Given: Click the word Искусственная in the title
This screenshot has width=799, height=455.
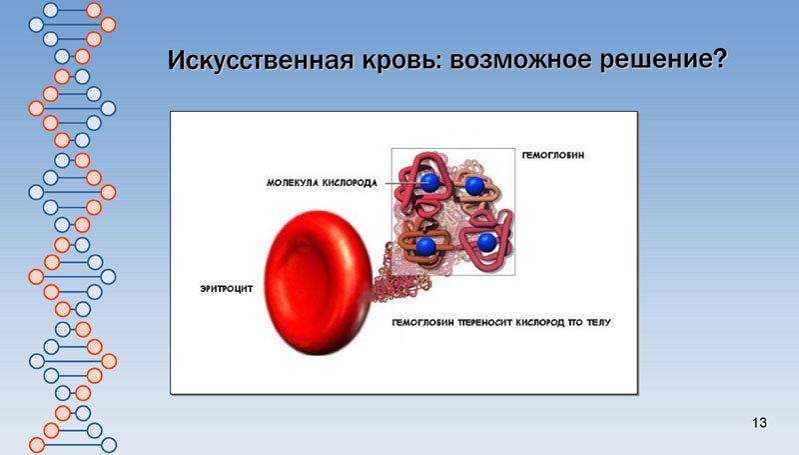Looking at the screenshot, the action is point(261,60).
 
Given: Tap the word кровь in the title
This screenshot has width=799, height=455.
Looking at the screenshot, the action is point(398,60).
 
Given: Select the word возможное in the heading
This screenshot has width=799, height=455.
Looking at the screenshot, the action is point(520,60).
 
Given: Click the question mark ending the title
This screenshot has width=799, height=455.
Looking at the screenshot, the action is point(719,59).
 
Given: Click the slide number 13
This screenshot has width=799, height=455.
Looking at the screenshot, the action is point(759,423).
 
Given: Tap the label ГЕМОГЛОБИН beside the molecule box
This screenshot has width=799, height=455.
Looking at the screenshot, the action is point(553,155).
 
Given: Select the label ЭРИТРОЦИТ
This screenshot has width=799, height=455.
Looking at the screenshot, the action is point(227,289).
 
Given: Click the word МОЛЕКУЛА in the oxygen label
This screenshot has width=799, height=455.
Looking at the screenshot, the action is point(292,183).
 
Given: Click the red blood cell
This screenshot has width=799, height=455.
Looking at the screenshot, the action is point(319,282).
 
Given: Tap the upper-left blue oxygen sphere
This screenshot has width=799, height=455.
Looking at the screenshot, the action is point(429,182).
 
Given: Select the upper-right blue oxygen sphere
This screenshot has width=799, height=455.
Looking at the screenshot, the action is point(475,186).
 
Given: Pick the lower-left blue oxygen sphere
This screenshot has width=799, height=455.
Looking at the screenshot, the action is point(426,246).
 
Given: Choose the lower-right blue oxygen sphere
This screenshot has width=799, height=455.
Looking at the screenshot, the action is point(486,242).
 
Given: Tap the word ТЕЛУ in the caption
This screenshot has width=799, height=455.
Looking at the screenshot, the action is point(598,322).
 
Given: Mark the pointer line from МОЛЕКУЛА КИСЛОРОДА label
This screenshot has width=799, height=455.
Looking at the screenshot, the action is point(404,183).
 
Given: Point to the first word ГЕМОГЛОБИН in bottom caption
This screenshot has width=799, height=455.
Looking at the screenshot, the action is point(422,322).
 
